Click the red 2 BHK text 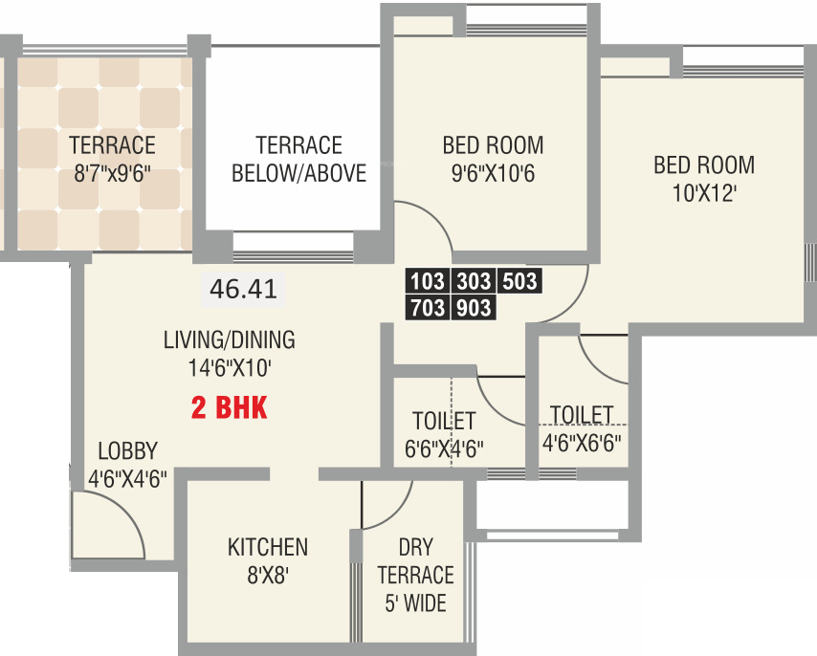[229, 409]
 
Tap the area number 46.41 [244, 290]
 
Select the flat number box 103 [428, 281]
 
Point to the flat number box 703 [428, 307]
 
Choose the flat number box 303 [473, 281]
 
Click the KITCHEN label [268, 547]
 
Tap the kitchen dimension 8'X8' [268, 577]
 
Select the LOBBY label [127, 451]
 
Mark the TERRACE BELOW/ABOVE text [298, 160]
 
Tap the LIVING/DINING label [229, 339]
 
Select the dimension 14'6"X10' [229, 367]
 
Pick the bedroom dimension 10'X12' [703, 192]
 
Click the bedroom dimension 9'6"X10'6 [493, 174]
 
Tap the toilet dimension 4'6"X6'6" [582, 443]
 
